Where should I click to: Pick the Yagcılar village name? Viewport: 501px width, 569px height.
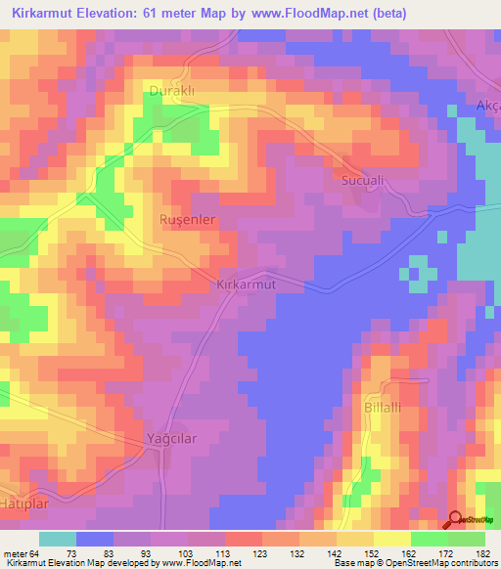(x=171, y=438)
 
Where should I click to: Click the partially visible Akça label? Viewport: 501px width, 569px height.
(x=487, y=106)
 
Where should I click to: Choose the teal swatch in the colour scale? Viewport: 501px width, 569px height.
(x=58, y=540)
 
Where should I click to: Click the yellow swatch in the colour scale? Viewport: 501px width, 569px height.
(x=392, y=540)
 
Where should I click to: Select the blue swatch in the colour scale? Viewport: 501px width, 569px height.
(x=95, y=540)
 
